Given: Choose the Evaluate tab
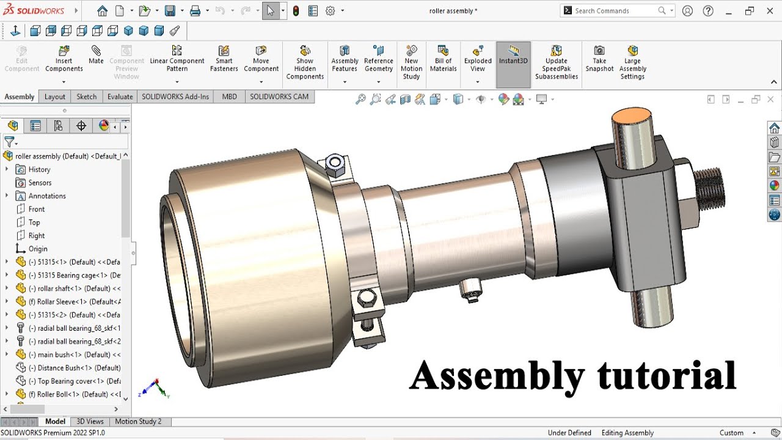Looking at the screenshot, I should click(x=120, y=97).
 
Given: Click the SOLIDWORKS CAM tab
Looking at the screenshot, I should click(x=279, y=97).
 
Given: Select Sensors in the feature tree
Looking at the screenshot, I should click(x=40, y=183).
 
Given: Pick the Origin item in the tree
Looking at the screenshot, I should click(x=37, y=249).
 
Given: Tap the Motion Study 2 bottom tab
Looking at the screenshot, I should click(x=138, y=422).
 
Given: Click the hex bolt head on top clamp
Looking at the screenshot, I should click(x=334, y=163).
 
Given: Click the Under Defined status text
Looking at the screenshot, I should click(x=569, y=433).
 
